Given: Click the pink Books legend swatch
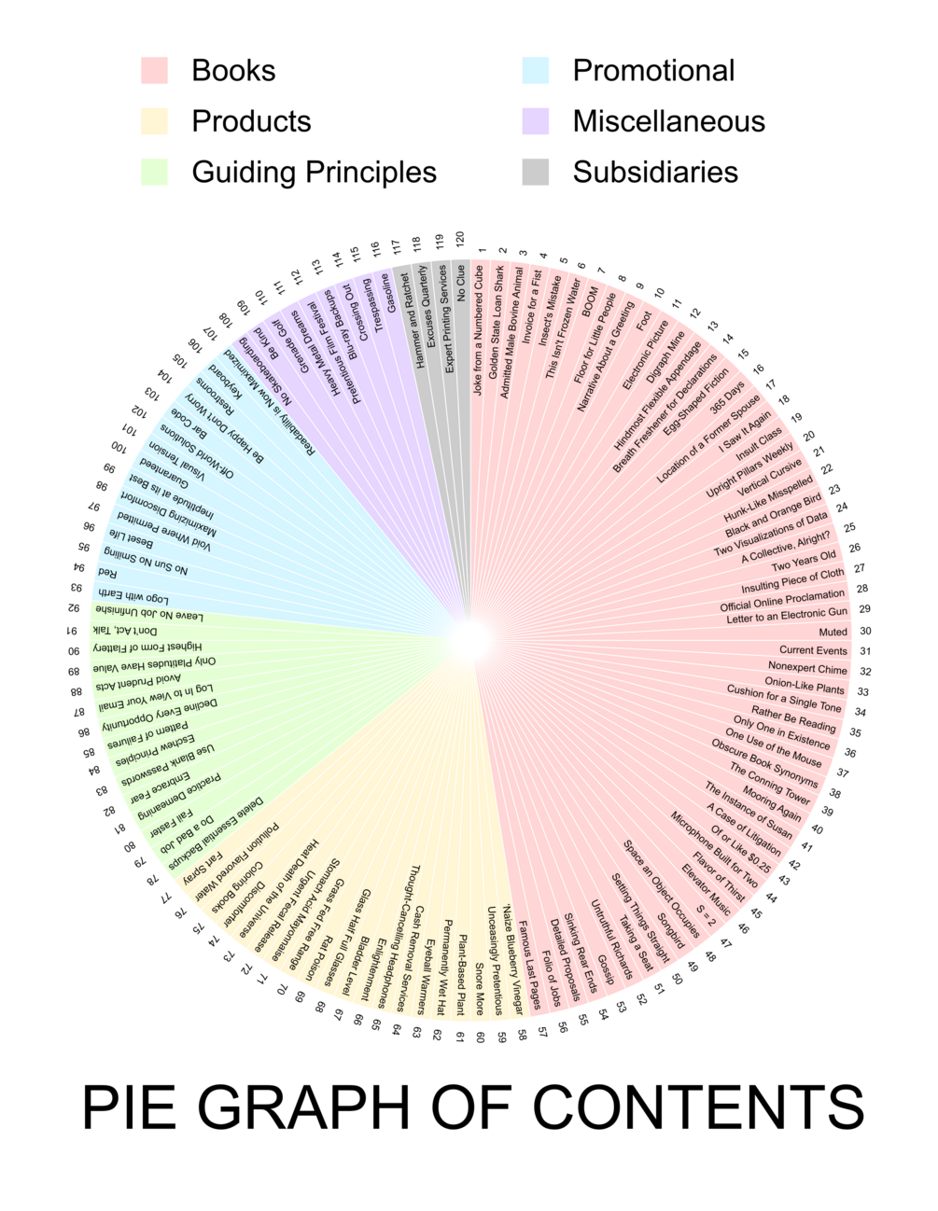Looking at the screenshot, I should click(x=154, y=71).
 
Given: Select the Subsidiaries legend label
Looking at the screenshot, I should click(x=655, y=173).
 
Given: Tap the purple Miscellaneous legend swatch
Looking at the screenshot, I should click(x=535, y=121).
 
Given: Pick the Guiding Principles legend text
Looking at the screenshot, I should click(x=314, y=173).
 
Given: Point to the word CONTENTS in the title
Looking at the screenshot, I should click(x=699, y=1107).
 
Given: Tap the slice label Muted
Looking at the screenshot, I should click(x=833, y=632).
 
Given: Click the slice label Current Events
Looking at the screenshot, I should click(x=813, y=650).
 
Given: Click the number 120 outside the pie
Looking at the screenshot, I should click(x=459, y=239).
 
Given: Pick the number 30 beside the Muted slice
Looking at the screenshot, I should click(x=865, y=632).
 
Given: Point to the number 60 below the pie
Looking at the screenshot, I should click(x=480, y=1037).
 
